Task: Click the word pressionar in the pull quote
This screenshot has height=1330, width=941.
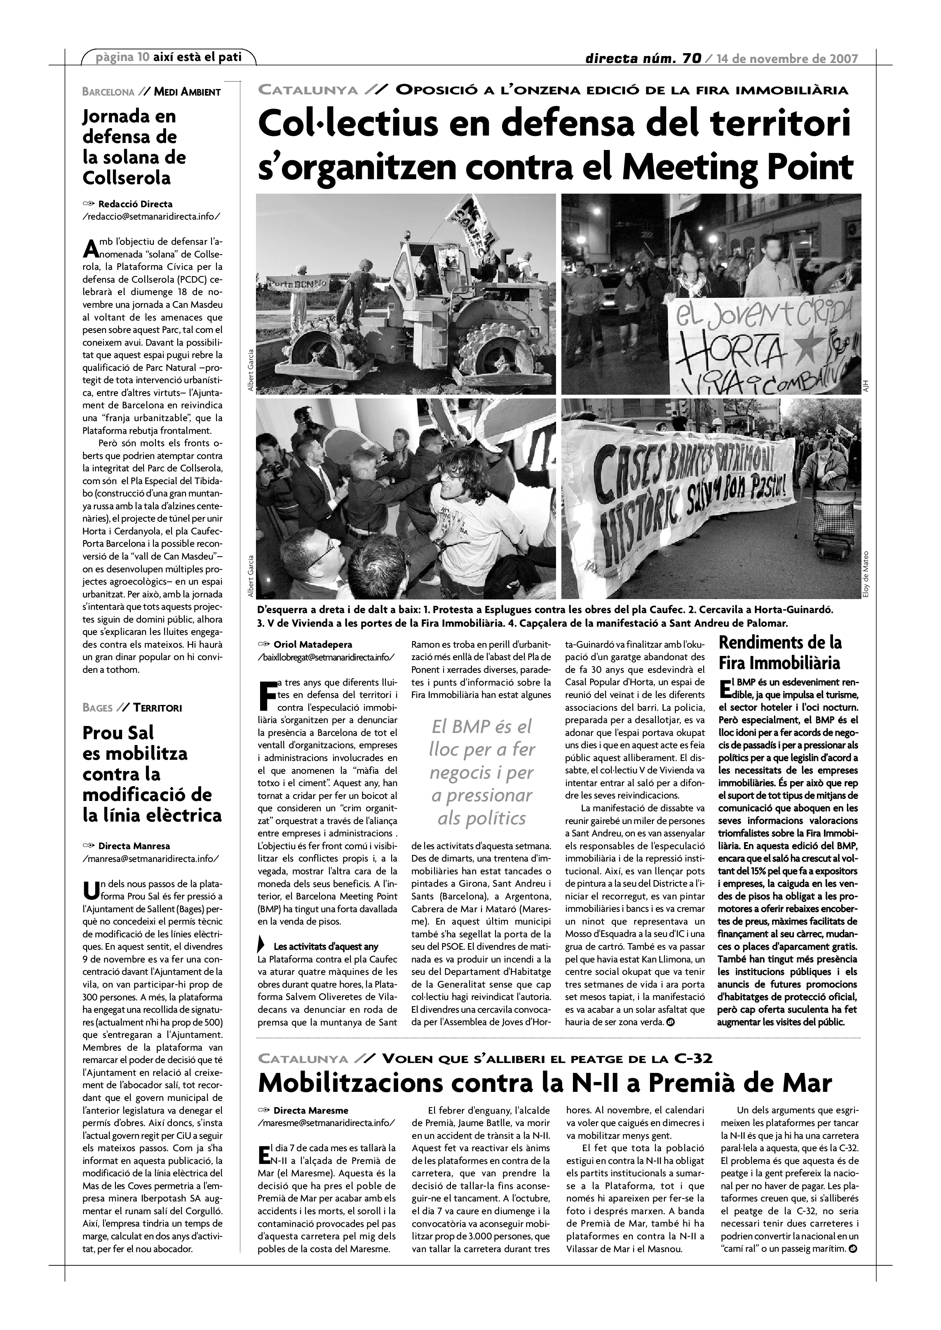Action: [x=481, y=795]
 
